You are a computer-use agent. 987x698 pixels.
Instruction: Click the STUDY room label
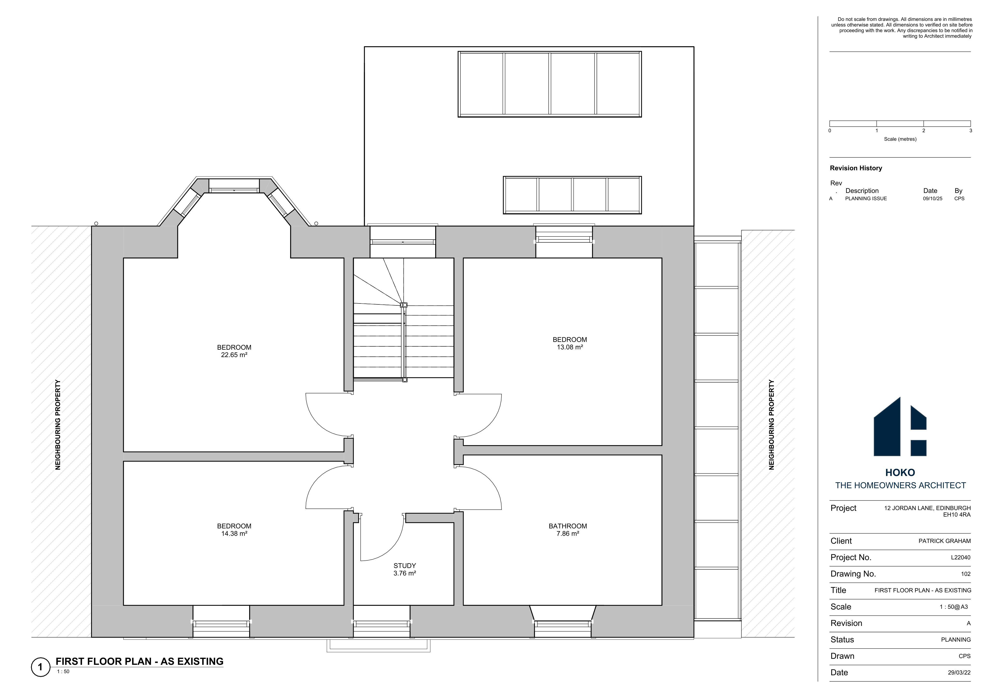405,566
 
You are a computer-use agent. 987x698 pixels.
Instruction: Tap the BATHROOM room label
567,526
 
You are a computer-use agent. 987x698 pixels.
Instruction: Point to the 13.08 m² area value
570,347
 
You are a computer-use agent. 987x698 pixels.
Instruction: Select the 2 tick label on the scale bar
923,131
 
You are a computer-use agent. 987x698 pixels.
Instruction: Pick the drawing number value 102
966,574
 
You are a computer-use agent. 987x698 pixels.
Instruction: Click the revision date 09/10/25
932,198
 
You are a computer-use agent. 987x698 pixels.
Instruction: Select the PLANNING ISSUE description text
866,198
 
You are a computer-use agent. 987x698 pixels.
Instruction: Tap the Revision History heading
856,168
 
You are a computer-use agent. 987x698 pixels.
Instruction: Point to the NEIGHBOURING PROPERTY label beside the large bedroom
58,425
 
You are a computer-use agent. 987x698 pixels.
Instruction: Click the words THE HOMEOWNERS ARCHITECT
900,485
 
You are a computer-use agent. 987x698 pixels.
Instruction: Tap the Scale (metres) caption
900,139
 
